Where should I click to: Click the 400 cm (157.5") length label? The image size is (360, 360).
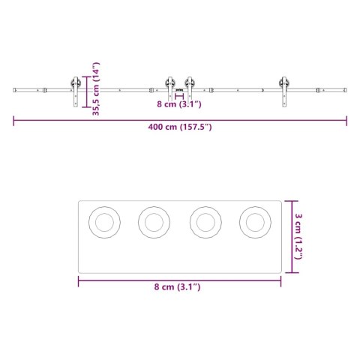180,127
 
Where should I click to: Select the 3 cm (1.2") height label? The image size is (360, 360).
298,235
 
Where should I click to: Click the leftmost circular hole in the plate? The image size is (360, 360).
104,222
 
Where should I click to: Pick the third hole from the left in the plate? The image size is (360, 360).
205,222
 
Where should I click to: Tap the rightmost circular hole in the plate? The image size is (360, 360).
254,222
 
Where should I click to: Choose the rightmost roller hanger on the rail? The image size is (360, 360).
284,90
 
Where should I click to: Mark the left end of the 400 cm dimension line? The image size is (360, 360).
13,118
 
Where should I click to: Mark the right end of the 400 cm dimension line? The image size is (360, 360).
347,118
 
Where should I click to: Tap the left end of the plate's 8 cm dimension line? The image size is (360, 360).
79,281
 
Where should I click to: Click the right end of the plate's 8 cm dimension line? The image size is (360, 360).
280,281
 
